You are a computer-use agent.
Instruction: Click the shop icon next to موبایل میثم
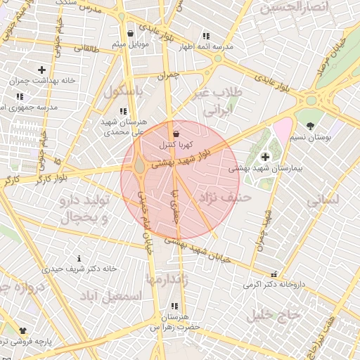(131, 33)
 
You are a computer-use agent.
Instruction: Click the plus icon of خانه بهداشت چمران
(42, 70)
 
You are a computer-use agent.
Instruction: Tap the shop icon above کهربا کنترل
(175, 134)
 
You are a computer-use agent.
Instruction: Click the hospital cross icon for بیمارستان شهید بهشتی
(265, 157)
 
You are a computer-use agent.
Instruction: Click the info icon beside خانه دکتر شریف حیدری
(79, 258)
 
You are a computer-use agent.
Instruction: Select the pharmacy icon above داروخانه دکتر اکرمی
(274, 274)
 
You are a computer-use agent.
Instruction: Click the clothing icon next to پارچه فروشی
(22, 329)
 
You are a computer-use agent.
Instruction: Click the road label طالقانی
(87, 48)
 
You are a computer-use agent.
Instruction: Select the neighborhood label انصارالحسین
(295, 8)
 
